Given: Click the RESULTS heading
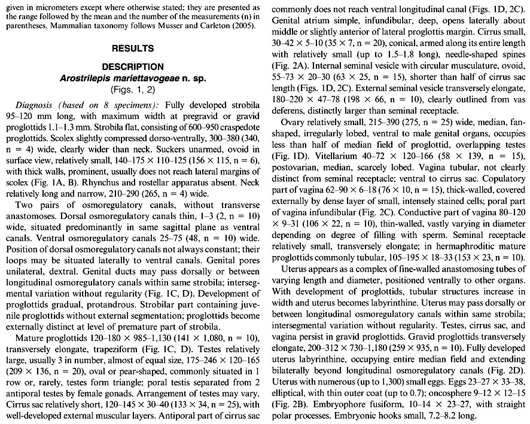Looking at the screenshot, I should [132, 48].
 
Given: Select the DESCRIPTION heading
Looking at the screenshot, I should [132, 66].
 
